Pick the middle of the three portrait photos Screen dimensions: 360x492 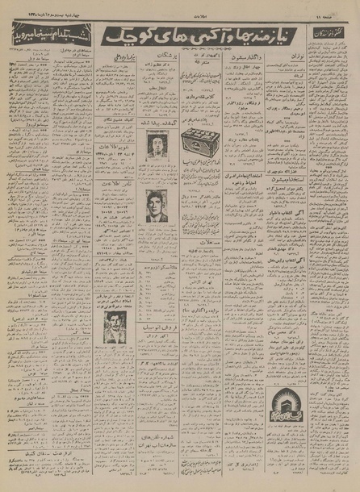coord(157,205)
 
